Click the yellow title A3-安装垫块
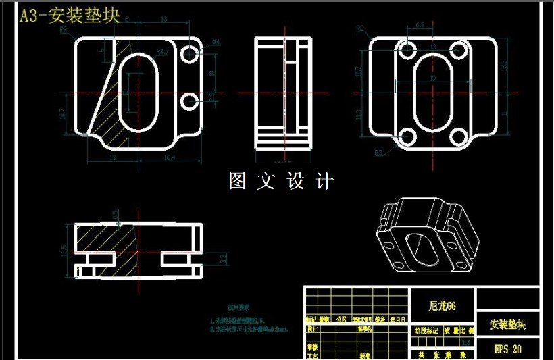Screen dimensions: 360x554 coord(70,17)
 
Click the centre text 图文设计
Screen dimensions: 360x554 coord(281,181)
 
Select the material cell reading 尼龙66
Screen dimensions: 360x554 coord(443,306)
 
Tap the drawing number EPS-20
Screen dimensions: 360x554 coord(507,349)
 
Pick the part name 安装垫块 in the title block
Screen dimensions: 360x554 coord(507,324)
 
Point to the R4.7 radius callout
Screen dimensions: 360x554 coord(162,51)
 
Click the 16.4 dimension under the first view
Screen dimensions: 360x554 coord(169,157)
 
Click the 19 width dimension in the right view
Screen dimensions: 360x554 coord(432,79)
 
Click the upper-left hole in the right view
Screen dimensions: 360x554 coord(407,49)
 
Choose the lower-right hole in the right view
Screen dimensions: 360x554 coord(457,137)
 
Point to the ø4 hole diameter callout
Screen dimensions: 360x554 coord(216,42)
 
